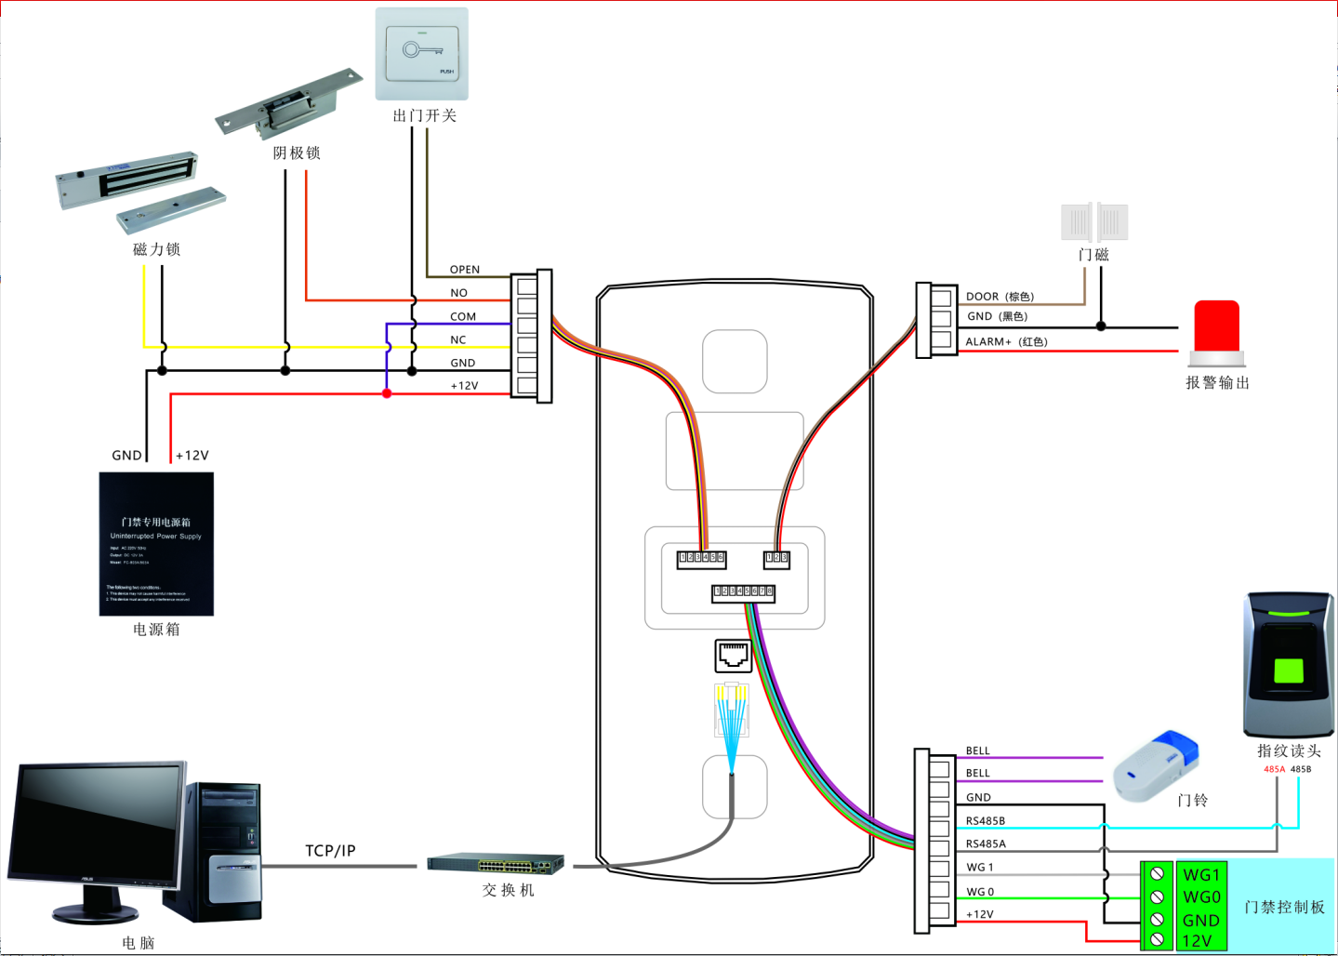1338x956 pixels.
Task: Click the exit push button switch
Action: point(421,53)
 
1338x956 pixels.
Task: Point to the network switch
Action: point(496,864)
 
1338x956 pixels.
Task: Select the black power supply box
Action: point(156,544)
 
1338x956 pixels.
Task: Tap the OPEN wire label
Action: point(465,270)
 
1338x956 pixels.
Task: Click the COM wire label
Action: point(463,317)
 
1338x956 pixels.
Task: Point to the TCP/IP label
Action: point(330,851)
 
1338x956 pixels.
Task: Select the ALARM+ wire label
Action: point(987,342)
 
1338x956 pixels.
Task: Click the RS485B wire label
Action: point(985,821)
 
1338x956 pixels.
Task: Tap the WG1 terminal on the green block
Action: point(1200,875)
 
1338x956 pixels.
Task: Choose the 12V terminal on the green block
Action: point(1197,941)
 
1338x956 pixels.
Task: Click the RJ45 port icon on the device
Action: point(733,656)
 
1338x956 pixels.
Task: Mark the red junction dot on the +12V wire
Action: point(387,393)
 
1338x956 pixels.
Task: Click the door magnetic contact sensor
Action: point(1094,222)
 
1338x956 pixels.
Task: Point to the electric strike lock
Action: point(288,102)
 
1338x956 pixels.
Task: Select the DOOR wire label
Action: point(982,297)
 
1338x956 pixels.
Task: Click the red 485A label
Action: point(1274,769)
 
